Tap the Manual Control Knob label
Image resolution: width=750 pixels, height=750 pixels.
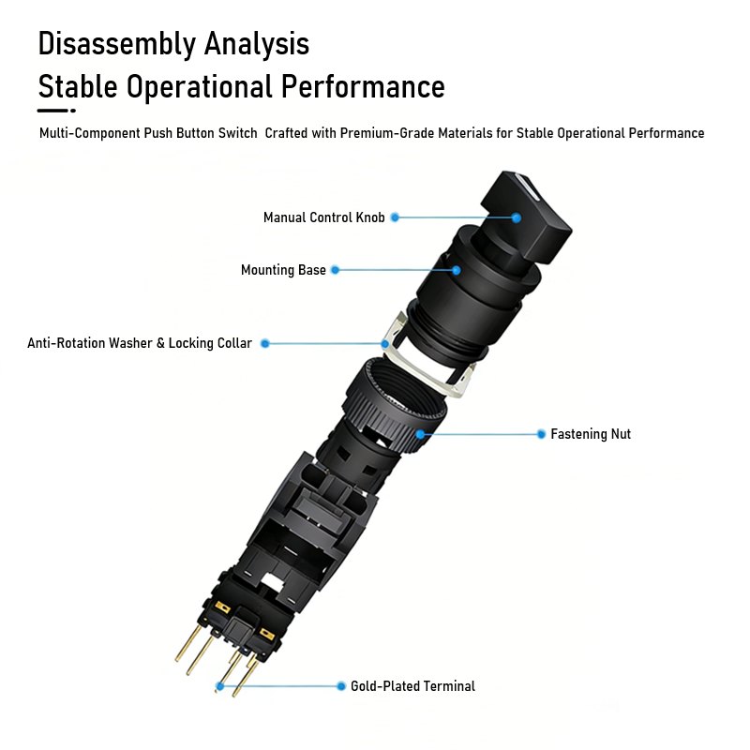pos(323,217)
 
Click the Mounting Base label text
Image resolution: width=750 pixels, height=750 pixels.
pos(283,270)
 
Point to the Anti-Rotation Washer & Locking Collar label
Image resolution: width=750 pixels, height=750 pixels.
pos(140,343)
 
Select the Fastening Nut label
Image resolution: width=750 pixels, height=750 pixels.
pos(591,434)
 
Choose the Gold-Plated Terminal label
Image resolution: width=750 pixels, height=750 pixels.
pos(412,686)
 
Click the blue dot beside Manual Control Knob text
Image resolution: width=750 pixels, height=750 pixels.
pos(395,217)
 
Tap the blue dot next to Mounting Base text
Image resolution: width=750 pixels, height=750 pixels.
pos(336,270)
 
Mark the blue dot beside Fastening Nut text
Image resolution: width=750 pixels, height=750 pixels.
pos(541,434)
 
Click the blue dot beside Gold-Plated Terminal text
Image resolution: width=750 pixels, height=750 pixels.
pos(341,686)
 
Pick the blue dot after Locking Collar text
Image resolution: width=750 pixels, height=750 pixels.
pos(265,343)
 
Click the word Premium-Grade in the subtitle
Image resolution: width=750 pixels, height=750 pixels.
pos(386,133)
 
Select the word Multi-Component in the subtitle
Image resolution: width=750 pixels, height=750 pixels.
pos(90,133)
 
